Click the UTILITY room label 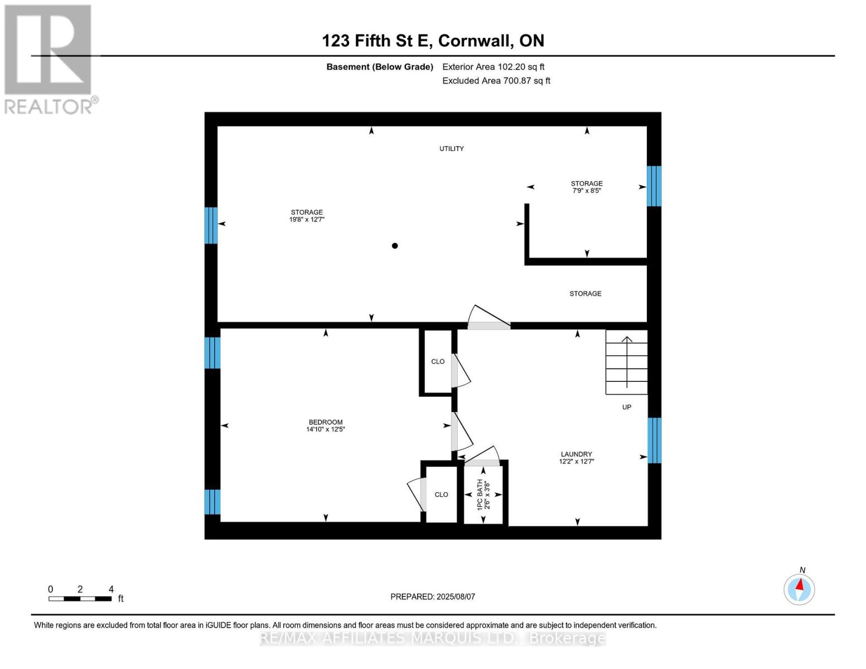coord(451,149)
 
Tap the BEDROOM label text coord(326,422)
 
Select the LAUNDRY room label coord(576,454)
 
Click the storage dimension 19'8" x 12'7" coord(307,220)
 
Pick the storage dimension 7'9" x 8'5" coord(587,191)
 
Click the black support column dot coord(395,246)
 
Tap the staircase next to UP coord(627,362)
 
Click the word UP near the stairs coord(627,408)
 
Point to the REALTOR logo coord(49,59)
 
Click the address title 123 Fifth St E coord(433,41)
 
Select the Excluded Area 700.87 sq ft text coord(496,81)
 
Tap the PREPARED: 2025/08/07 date coord(433,597)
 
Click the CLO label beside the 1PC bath coord(441,495)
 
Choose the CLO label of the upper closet coord(438,362)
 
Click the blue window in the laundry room coord(654,440)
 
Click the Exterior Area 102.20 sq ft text coord(493,67)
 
